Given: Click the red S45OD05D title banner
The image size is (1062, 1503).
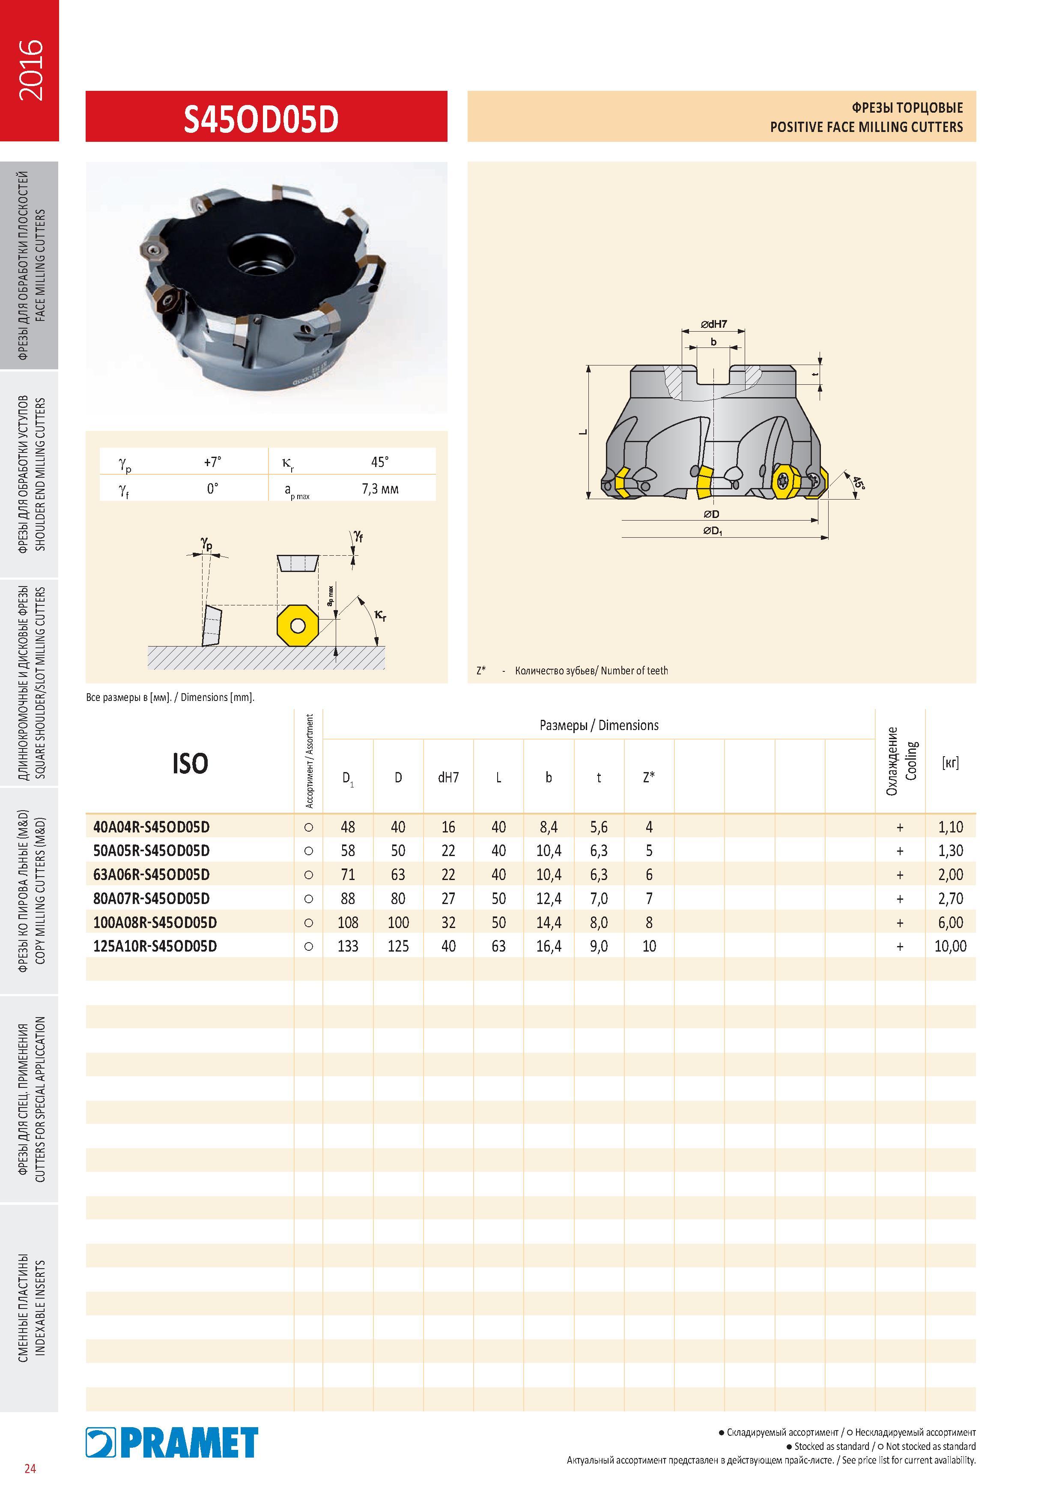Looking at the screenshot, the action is [266, 117].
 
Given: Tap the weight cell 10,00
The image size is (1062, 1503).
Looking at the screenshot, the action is [950, 946].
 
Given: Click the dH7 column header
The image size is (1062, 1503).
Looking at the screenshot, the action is [448, 777].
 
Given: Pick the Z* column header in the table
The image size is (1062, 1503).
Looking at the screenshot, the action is [648, 777].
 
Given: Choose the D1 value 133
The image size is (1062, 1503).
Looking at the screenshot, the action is [347, 946].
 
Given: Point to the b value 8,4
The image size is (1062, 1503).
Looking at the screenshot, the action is [548, 827].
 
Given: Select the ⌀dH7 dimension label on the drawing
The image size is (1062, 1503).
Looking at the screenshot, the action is [714, 324].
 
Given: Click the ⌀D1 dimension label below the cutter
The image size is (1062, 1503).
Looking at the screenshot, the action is [713, 531].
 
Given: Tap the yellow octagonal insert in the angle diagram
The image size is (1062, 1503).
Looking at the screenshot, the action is [298, 626].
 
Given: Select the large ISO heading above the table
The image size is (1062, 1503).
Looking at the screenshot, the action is [190, 763].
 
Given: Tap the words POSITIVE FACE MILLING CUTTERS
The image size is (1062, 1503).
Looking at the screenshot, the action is [866, 127].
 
